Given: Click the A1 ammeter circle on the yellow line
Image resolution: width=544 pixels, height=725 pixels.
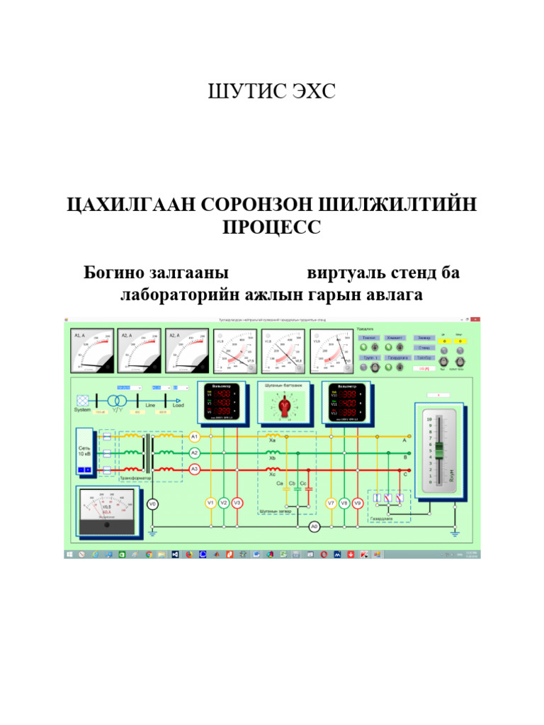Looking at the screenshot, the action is (x=195, y=437).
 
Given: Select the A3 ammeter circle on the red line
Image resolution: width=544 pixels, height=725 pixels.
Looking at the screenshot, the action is (x=195, y=469).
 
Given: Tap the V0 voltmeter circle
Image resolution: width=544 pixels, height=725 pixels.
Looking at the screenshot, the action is (x=152, y=504).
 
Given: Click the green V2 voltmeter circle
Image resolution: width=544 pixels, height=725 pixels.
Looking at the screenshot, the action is (x=224, y=503).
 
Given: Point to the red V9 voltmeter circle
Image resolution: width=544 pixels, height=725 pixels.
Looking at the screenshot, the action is (x=358, y=503).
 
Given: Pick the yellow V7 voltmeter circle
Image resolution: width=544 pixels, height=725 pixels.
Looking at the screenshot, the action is (x=331, y=503).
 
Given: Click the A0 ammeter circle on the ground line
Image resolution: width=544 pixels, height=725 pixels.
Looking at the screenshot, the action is (x=315, y=526).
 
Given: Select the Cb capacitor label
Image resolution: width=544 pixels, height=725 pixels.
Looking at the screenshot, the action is (x=293, y=483).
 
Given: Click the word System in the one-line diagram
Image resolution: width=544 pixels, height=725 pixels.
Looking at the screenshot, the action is (x=82, y=410).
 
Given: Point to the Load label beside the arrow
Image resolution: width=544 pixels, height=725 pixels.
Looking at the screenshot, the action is (x=178, y=405).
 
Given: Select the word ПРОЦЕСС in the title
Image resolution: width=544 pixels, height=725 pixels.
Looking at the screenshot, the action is (x=271, y=228).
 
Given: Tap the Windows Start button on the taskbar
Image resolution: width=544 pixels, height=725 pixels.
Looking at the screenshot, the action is (x=70, y=554).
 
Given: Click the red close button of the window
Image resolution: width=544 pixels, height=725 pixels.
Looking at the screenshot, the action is (x=476, y=321).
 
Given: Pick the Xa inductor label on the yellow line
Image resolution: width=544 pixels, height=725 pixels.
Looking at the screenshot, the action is (x=272, y=440).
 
